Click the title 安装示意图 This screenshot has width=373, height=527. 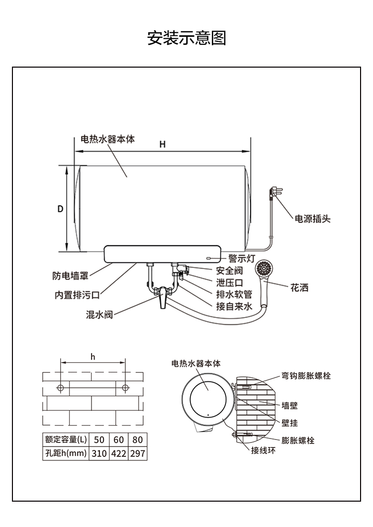tap(186, 38)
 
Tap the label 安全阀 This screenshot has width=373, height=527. tap(229, 271)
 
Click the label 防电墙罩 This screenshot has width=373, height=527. tap(70, 275)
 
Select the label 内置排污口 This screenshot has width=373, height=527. tap(77, 295)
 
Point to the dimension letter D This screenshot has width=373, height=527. tap(60, 209)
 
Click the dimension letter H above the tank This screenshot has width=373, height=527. tap(162, 144)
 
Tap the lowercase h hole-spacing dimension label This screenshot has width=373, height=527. tap(93, 357)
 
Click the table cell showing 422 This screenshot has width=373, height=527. tap(118, 453)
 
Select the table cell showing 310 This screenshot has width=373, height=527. tap(99, 453)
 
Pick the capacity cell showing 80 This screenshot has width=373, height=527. tap(138, 440)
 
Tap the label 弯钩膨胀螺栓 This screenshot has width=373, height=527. tap(306, 376)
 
